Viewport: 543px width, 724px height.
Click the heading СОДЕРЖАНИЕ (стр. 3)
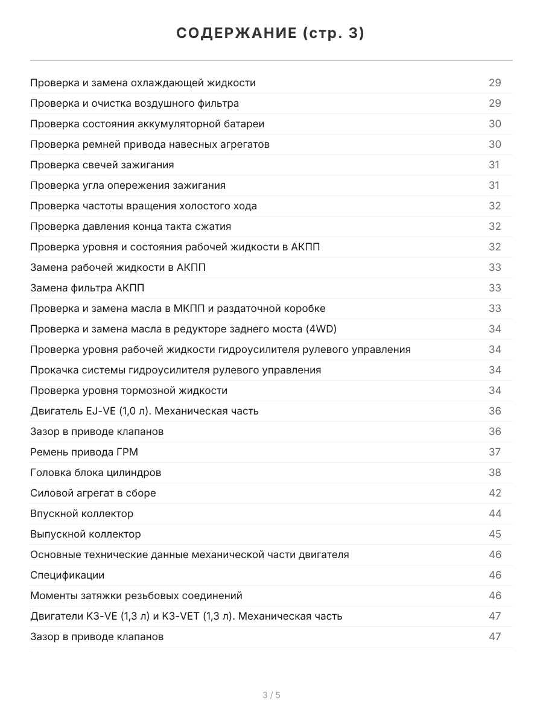point(270,34)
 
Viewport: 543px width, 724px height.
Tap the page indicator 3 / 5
point(271,695)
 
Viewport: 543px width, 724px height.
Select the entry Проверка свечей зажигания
point(102,165)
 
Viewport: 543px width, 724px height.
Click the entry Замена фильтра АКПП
point(87,288)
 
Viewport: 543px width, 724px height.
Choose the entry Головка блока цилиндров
point(95,472)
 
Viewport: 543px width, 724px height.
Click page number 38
point(495,472)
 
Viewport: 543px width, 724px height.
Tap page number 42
point(495,493)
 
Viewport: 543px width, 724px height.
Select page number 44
point(495,513)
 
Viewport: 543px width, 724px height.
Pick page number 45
point(495,534)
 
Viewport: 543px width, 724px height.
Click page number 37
point(495,452)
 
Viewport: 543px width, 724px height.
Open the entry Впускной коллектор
point(81,513)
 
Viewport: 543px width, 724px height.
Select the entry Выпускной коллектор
point(85,534)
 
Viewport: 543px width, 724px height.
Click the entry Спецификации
point(67,575)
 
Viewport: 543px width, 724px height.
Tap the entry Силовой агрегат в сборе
point(93,493)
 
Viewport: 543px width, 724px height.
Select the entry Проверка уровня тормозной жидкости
point(129,390)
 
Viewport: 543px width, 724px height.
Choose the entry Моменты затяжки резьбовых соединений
point(136,595)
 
